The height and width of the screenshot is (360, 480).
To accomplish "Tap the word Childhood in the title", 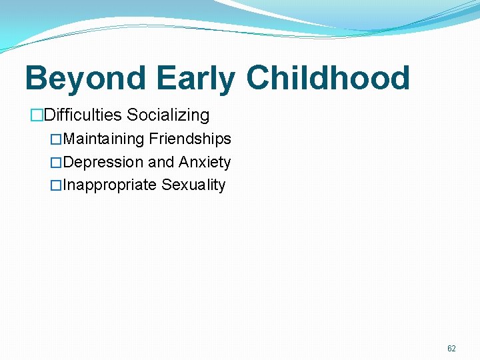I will click(328, 78).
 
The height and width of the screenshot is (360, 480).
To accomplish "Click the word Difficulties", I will click(83, 115).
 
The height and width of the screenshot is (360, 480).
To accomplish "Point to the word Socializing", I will click(168, 115).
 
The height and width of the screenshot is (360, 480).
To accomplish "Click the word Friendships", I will click(190, 139).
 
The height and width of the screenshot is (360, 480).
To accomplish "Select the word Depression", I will click(103, 163).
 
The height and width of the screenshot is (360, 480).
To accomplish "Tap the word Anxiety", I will click(205, 163).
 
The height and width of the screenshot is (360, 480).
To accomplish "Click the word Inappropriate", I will click(110, 185).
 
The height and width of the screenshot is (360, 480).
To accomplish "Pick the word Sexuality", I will click(194, 185).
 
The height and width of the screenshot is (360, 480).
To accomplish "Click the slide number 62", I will click(451, 349).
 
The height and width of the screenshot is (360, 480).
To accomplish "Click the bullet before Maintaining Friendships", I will click(56, 140).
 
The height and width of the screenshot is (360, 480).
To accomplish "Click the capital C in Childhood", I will click(261, 78).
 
